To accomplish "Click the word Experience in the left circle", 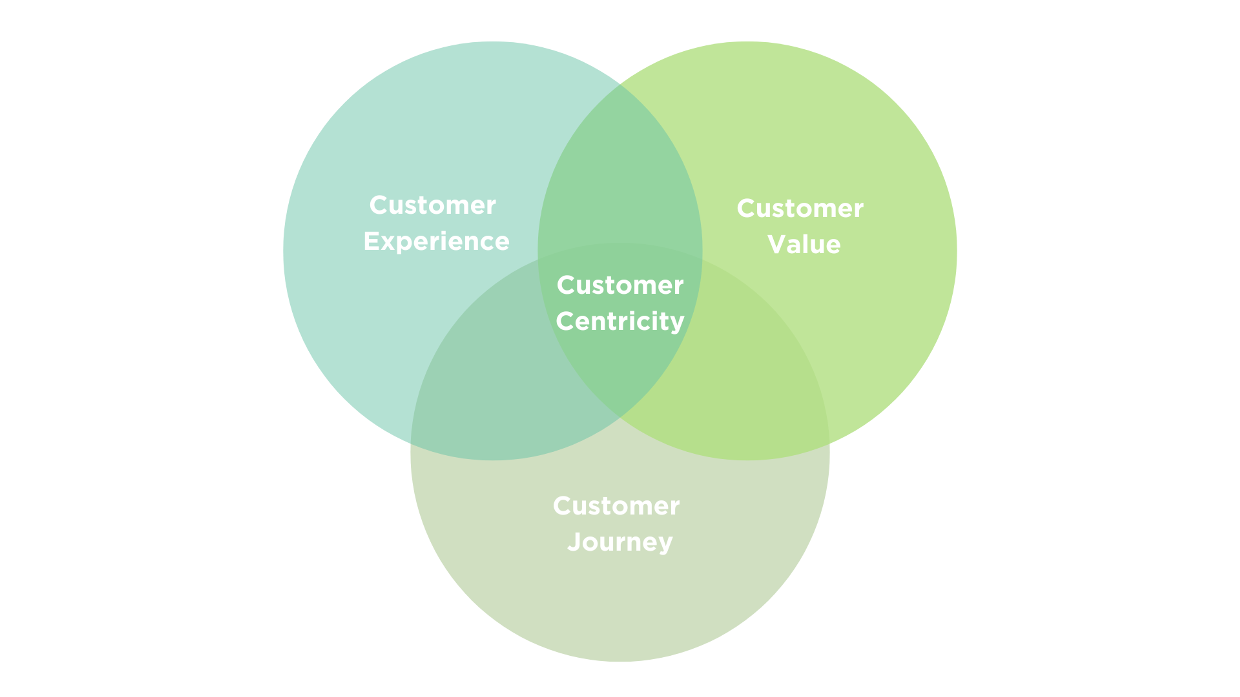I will coord(436,241).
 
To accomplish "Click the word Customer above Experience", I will coord(432,206).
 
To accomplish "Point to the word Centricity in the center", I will coord(620,321).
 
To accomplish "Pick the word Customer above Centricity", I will coord(620,285).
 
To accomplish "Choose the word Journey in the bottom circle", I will coord(620,542).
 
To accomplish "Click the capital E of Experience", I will coord(372,241).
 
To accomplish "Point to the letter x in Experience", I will coord(387,242).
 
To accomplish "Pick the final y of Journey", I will coord(665,544).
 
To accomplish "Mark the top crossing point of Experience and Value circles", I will coord(620,84).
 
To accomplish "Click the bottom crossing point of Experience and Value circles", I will coord(620,417).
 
